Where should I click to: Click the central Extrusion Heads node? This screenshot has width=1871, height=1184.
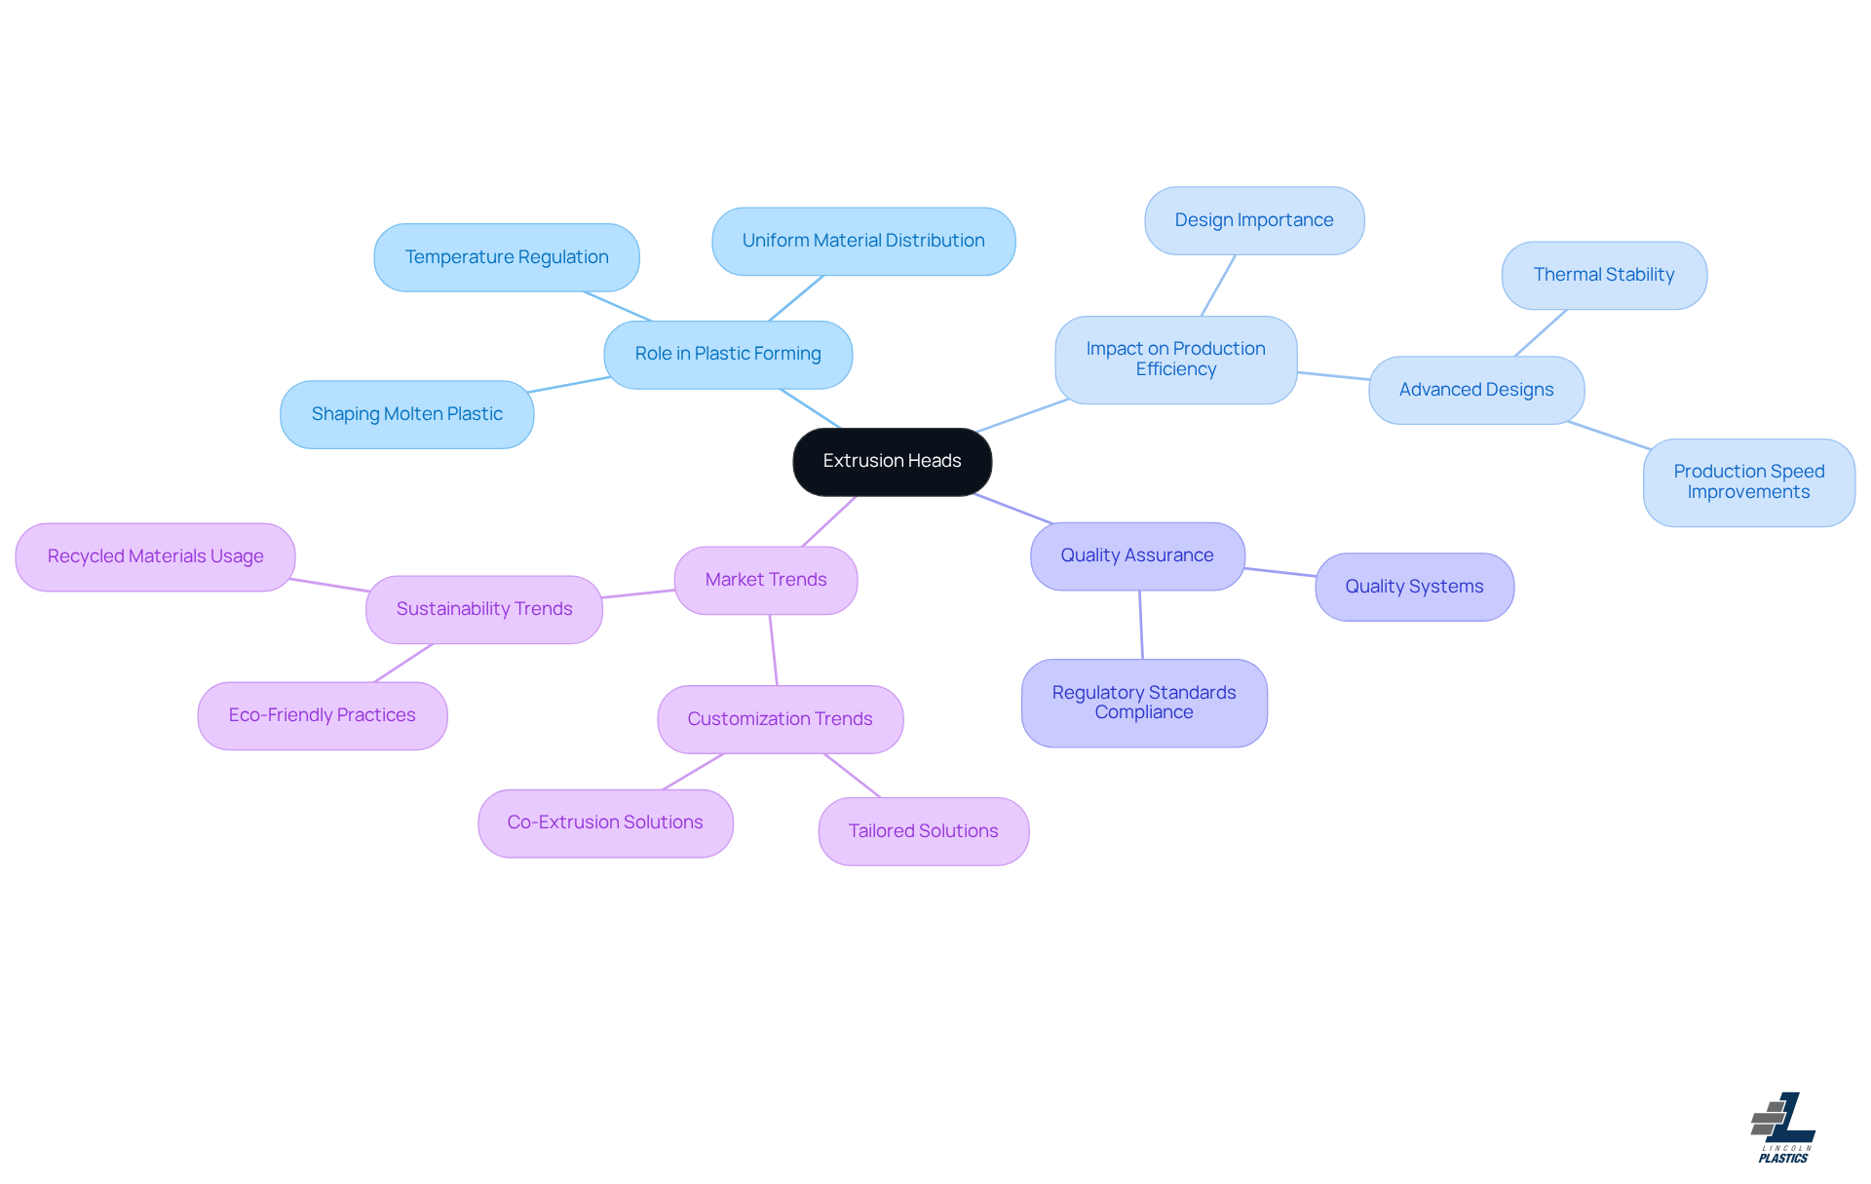click(x=892, y=461)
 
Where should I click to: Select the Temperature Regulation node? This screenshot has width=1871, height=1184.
click(x=507, y=257)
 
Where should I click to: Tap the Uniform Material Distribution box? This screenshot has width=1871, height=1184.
click(x=863, y=241)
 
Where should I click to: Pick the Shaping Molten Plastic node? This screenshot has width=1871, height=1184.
click(x=406, y=414)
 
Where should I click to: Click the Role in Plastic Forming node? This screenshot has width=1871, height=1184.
click(x=728, y=354)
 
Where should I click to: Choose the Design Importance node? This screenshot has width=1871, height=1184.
click(x=1254, y=220)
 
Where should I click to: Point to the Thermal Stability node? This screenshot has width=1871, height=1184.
click(x=1604, y=275)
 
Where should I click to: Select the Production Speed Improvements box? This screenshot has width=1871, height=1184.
click(x=1748, y=482)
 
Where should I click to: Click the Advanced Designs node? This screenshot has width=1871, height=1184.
click(x=1476, y=390)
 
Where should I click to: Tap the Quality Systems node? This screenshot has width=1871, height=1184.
click(x=1414, y=587)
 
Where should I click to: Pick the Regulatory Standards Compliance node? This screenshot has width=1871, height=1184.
click(x=1144, y=703)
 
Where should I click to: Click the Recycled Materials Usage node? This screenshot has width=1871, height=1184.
click(x=156, y=556)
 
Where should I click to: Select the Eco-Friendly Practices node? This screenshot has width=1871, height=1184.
click(x=323, y=715)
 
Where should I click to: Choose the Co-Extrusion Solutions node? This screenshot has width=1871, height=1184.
click(x=605, y=822)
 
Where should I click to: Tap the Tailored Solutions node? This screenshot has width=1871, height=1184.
click(x=923, y=831)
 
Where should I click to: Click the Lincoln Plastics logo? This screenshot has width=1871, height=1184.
click(x=1783, y=1127)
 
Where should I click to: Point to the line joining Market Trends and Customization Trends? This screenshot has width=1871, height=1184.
click(x=774, y=650)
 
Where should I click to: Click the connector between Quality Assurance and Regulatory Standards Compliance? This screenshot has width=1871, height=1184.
click(x=1141, y=625)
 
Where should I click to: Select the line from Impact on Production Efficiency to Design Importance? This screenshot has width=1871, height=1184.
click(x=1218, y=286)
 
